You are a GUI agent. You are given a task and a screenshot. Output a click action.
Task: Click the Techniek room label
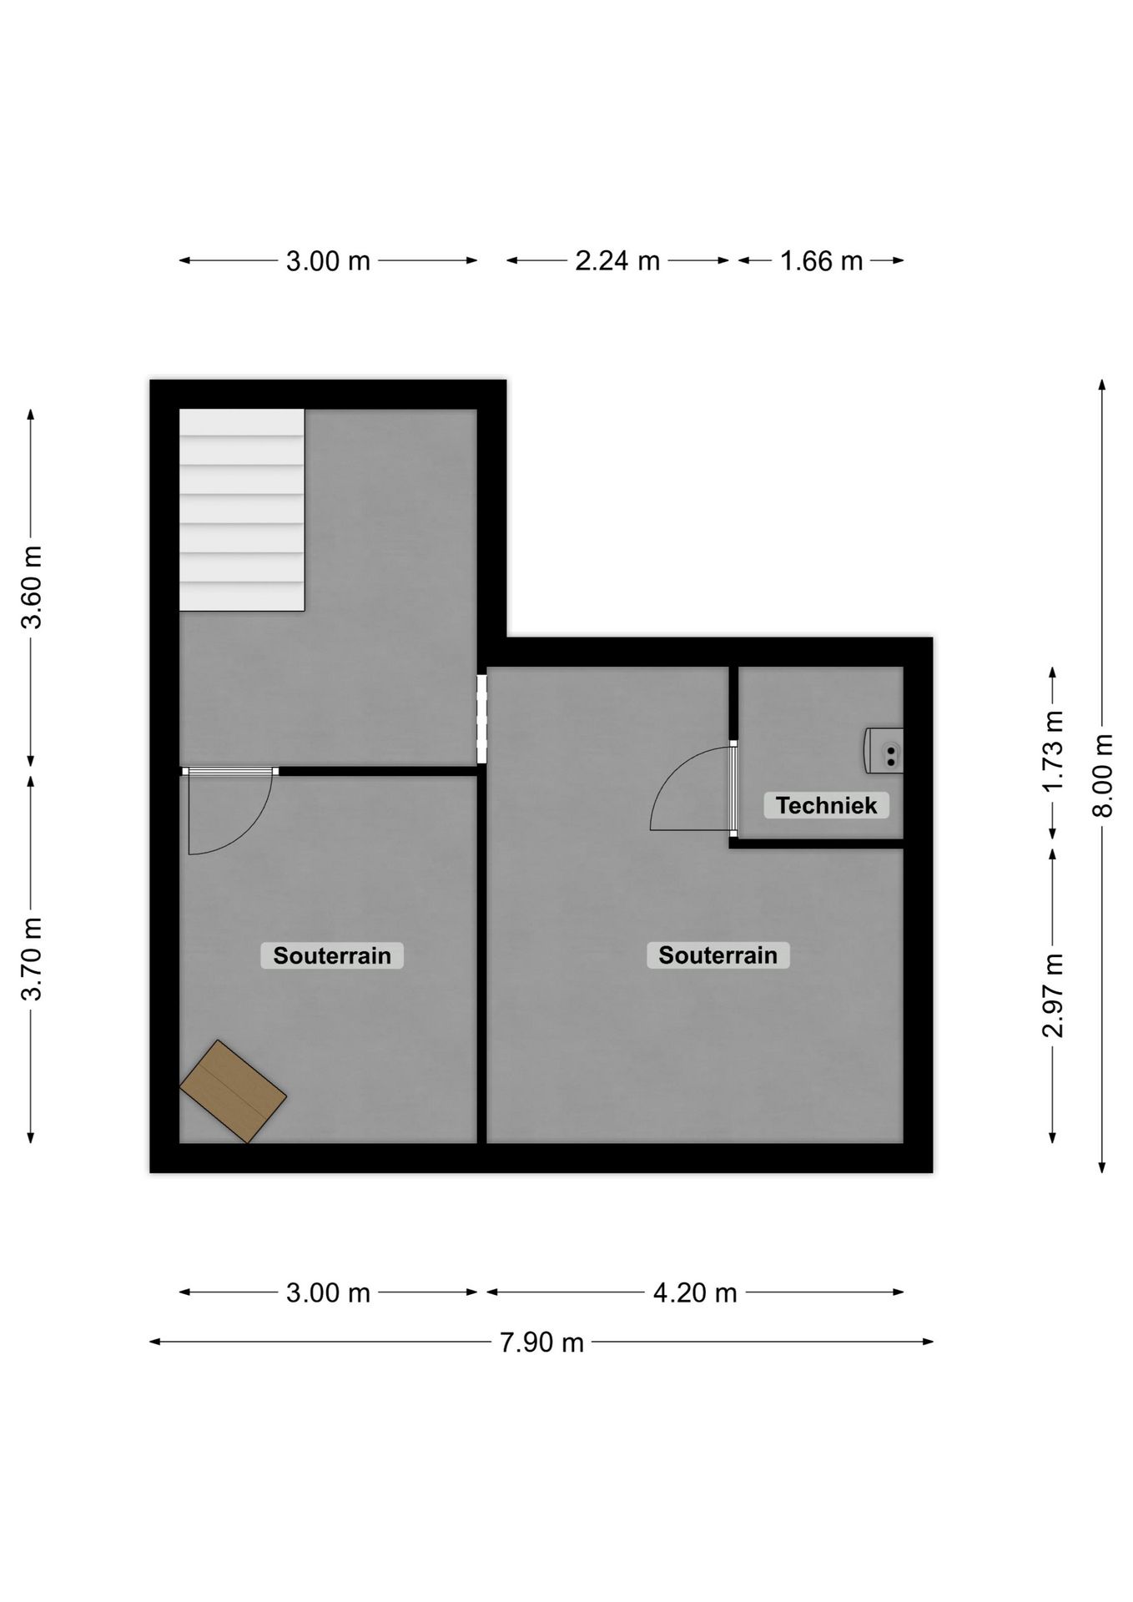click(826, 805)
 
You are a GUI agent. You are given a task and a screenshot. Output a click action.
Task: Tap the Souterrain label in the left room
click(332, 955)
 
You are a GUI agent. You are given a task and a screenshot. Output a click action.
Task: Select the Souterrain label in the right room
click(718, 955)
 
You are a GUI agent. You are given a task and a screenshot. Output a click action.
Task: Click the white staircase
click(241, 510)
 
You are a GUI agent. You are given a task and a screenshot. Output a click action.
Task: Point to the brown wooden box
click(233, 1091)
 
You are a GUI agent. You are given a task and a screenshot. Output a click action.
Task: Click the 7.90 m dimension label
click(541, 1343)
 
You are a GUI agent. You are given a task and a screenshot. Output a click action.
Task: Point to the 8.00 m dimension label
click(1103, 776)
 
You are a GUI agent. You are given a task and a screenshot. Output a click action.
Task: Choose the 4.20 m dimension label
click(695, 1292)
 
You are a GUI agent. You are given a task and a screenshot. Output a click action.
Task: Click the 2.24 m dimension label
click(617, 261)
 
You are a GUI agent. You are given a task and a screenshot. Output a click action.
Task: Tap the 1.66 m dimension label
click(821, 261)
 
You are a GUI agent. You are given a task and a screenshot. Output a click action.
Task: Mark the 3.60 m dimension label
click(32, 587)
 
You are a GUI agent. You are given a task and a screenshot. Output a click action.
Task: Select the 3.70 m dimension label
click(32, 958)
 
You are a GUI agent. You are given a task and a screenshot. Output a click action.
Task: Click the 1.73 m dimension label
click(1053, 751)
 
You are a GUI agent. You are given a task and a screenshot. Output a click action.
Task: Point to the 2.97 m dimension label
click(1053, 995)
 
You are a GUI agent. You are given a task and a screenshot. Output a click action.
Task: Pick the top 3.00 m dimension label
click(328, 261)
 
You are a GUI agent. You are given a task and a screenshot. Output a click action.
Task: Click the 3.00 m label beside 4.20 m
click(328, 1292)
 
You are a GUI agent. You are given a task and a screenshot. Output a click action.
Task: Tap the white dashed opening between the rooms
click(481, 719)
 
